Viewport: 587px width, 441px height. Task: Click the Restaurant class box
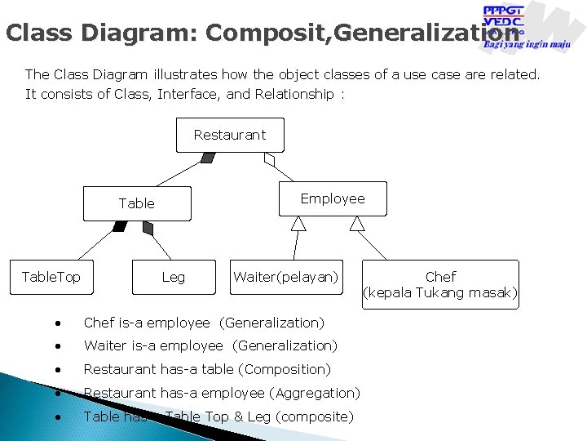pyautogui.click(x=230, y=135)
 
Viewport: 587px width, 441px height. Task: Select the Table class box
pyautogui.click(x=137, y=203)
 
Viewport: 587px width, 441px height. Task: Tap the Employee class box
pyautogui.click(x=333, y=198)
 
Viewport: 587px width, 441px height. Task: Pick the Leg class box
pyautogui.click(x=174, y=277)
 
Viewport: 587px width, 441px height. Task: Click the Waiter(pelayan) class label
pyautogui.click(x=285, y=277)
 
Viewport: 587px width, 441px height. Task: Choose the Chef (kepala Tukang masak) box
pyautogui.click(x=440, y=284)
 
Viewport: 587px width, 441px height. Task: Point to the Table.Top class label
pyautogui.click(x=51, y=277)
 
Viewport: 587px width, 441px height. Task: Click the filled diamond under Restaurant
pyautogui.click(x=208, y=158)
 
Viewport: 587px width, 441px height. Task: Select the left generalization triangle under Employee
pyautogui.click(x=298, y=224)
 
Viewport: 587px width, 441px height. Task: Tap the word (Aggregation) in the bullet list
pyautogui.click(x=316, y=393)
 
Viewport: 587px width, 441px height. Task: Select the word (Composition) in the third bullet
pyautogui.click(x=291, y=369)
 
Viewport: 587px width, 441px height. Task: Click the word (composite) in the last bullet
pyautogui.click(x=315, y=416)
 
